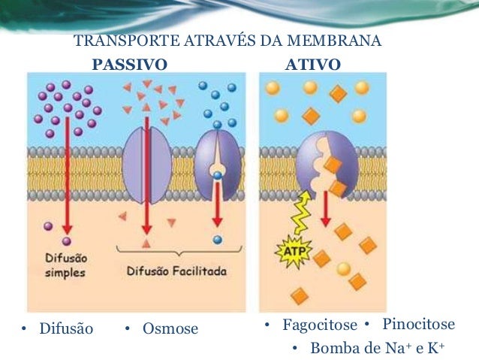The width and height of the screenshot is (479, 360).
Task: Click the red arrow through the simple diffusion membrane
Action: (78, 173)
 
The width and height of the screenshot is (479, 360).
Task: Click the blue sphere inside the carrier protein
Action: (218, 176)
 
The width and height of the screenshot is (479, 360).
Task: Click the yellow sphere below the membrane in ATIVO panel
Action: (344, 268)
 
